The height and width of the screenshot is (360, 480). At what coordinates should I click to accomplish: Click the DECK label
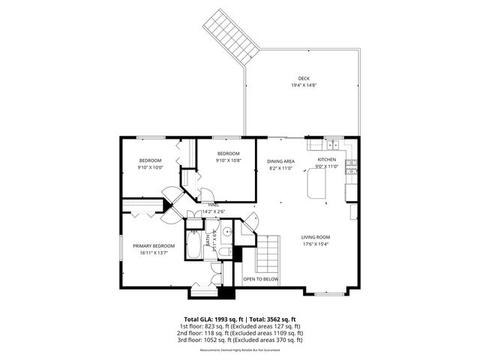[304, 78]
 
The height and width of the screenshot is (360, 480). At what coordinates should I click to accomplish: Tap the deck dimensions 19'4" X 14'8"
[304, 85]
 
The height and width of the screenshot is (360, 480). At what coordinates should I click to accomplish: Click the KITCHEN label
[327, 160]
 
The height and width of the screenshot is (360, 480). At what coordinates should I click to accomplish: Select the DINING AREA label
[280, 161]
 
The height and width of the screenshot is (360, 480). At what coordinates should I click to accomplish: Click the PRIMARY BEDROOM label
[154, 246]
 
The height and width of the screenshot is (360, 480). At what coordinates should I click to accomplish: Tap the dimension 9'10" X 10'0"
[150, 167]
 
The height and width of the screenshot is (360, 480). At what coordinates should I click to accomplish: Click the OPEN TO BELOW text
[260, 279]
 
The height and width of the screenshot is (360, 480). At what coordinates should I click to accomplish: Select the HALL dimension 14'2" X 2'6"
[214, 211]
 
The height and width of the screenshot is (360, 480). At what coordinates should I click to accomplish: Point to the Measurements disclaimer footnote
[239, 350]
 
